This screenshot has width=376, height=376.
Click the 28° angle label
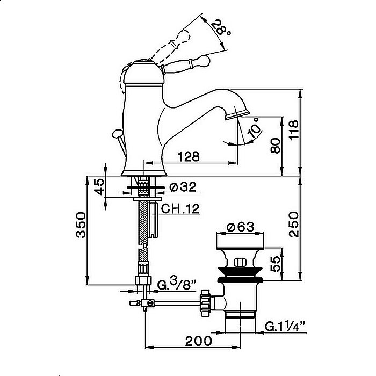[x=221, y=27]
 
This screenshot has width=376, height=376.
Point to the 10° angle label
[x=255, y=128]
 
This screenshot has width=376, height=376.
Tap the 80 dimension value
[x=275, y=146]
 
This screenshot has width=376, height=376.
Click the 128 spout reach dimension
[x=189, y=157]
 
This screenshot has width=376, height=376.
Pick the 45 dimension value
[x=99, y=186]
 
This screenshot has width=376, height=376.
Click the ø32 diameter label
[x=183, y=187]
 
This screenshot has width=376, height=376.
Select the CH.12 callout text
[x=180, y=208]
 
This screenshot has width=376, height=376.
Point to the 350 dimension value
[x=81, y=225]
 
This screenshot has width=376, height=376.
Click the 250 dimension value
[x=294, y=225]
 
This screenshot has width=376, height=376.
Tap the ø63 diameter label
[x=240, y=227]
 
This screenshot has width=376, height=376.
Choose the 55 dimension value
[x=276, y=264]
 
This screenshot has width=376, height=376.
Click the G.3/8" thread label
[x=177, y=285]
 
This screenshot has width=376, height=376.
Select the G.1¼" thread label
[x=285, y=327]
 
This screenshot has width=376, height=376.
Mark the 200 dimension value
[x=199, y=341]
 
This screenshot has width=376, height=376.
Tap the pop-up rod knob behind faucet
[x=118, y=133]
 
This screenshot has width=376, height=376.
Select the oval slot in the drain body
[x=240, y=262]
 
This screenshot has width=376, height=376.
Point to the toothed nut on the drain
[x=206, y=303]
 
